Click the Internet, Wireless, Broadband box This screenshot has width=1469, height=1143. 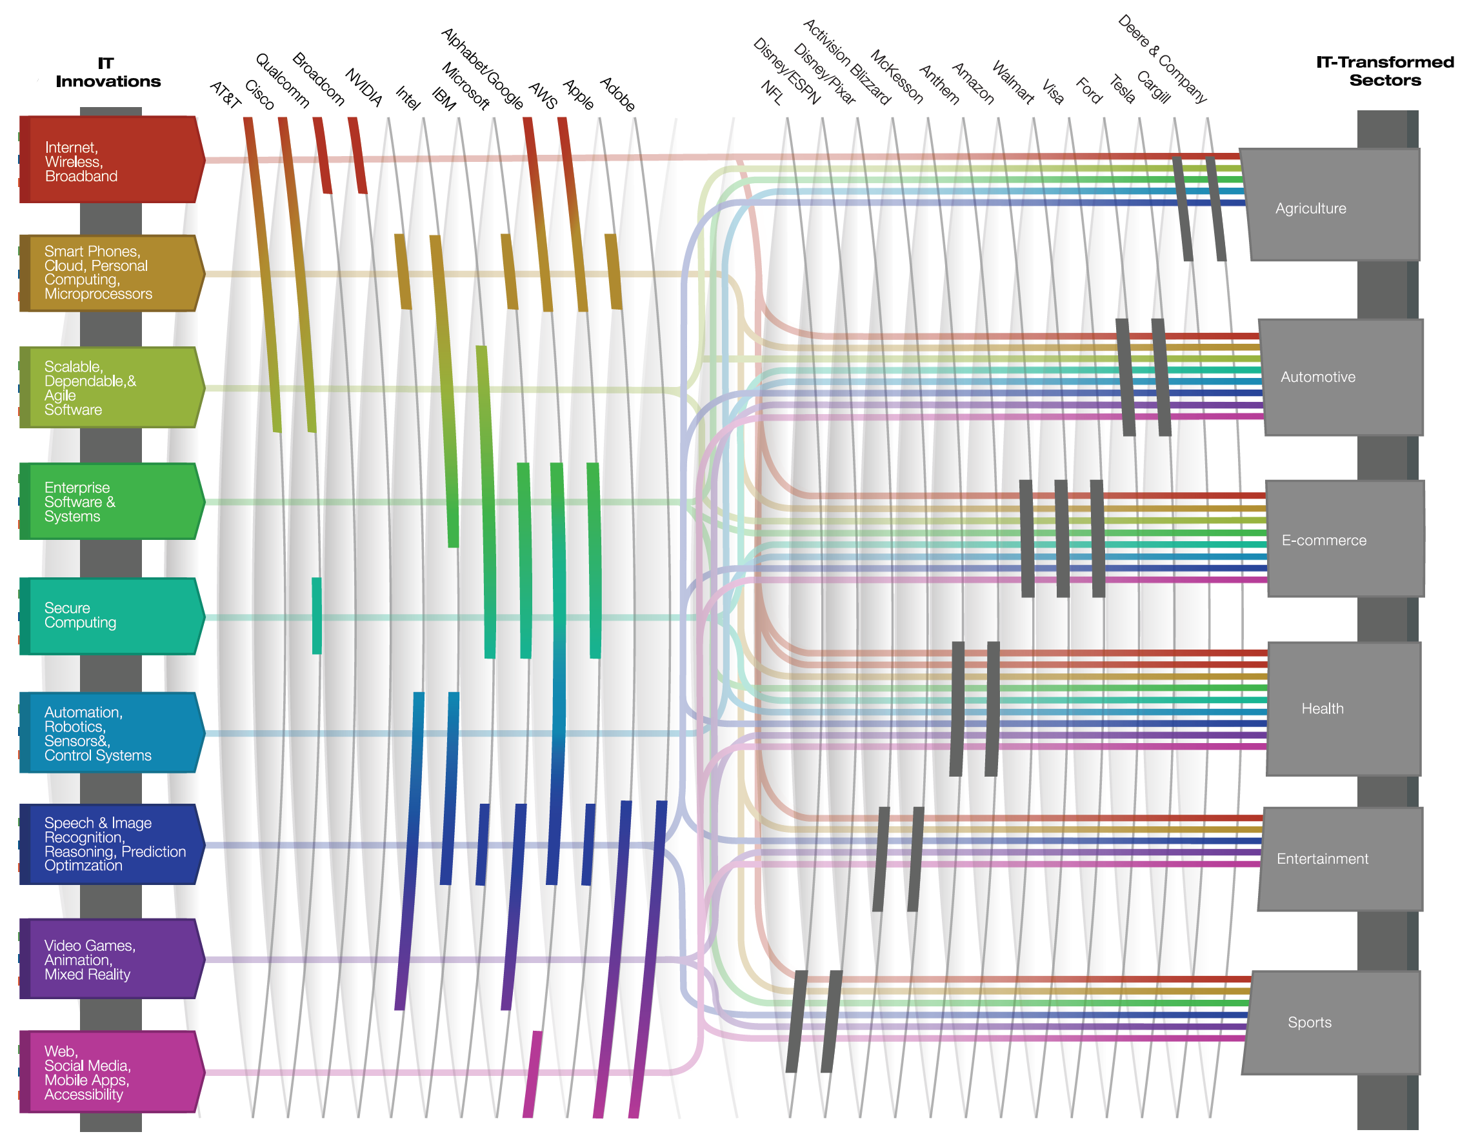(112, 159)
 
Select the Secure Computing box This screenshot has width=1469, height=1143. (112, 616)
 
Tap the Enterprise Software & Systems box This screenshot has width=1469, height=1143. (112, 501)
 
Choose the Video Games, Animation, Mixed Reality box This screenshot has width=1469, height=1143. (112, 959)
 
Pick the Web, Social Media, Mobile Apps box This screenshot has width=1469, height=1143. (112, 1072)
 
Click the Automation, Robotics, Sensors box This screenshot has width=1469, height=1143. (112, 732)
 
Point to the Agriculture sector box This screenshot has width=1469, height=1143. (1330, 204)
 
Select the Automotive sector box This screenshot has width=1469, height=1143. (1341, 377)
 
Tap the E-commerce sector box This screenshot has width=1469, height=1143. (1345, 539)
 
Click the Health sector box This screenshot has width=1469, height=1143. (1344, 709)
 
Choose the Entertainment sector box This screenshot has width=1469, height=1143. (1341, 859)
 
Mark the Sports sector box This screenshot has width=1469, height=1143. (1331, 1022)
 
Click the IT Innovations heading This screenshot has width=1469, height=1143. (108, 73)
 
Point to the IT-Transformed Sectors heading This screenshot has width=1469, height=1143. (1385, 71)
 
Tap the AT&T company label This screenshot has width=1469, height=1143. (225, 95)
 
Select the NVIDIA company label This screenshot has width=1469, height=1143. (364, 88)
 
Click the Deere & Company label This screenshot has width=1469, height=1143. (1163, 59)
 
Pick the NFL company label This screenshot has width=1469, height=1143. (772, 93)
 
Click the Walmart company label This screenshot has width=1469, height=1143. (1013, 83)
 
